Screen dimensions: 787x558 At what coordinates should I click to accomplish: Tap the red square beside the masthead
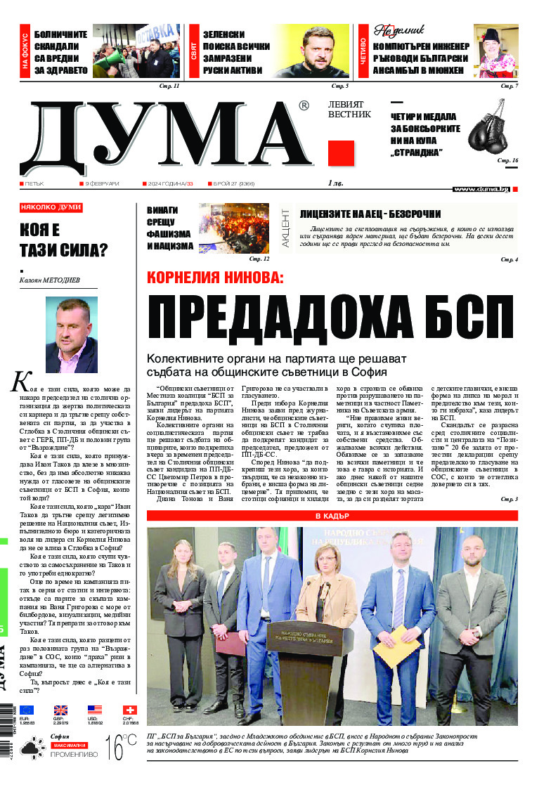pyautogui.click(x=341, y=153)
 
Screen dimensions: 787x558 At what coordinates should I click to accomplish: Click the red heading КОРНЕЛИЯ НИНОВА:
pyautogui.click(x=215, y=277)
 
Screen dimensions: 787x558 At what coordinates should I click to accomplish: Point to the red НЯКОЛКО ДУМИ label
pyautogui.click(x=51, y=207)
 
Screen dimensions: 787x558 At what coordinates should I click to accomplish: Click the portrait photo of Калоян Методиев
pyautogui.click(x=71, y=334)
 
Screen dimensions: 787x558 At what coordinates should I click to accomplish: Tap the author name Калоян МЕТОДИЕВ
pyautogui.click(x=50, y=280)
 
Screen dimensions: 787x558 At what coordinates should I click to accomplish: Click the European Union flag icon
pyautogui.click(x=27, y=710)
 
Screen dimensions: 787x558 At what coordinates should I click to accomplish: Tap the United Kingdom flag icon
pyautogui.click(x=60, y=710)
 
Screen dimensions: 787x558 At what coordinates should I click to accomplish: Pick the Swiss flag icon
pyautogui.click(x=130, y=710)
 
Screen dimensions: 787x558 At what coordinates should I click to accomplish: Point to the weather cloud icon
pyautogui.click(x=32, y=750)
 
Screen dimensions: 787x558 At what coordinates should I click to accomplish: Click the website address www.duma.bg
pyautogui.click(x=481, y=188)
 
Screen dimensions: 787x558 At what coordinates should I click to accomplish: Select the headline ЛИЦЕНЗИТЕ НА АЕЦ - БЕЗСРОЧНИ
pyautogui.click(x=370, y=214)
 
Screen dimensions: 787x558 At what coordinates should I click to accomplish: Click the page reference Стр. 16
pyautogui.click(x=507, y=161)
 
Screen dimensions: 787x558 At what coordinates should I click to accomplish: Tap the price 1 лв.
pyautogui.click(x=335, y=183)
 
